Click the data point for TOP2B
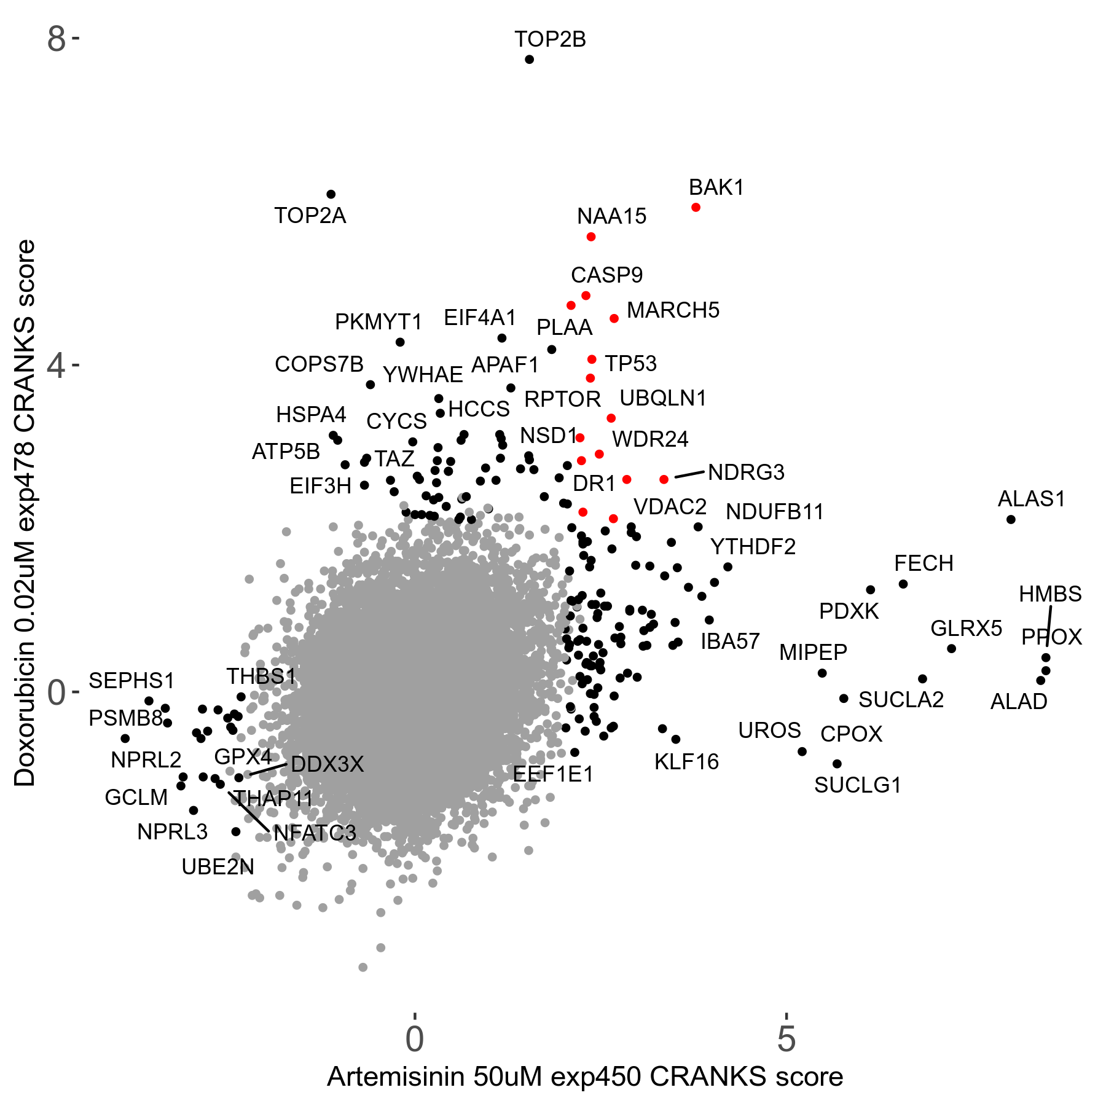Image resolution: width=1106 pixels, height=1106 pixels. [529, 60]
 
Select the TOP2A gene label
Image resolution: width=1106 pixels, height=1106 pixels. [310, 216]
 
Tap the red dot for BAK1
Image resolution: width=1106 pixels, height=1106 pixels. [696, 208]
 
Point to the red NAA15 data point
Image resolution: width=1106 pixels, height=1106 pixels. [590, 237]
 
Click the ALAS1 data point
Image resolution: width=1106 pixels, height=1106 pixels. [1011, 520]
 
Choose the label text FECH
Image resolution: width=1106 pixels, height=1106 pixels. [923, 563]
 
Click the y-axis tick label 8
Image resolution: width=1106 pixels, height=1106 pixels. [56, 39]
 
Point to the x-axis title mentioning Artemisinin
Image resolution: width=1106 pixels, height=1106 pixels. [584, 1077]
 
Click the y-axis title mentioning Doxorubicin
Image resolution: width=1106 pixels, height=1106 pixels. [25, 513]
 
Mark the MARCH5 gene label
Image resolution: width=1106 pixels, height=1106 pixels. [672, 310]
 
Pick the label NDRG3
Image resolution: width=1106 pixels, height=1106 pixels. [746, 472]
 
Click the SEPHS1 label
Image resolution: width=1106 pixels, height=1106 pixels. [131, 680]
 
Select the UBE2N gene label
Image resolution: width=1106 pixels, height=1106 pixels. [218, 867]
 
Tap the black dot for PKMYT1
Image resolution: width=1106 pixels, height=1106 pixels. [400, 342]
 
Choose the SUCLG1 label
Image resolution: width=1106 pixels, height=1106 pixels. [857, 785]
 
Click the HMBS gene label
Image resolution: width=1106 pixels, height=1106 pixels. [1049, 594]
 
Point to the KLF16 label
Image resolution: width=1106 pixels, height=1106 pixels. [686, 762]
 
